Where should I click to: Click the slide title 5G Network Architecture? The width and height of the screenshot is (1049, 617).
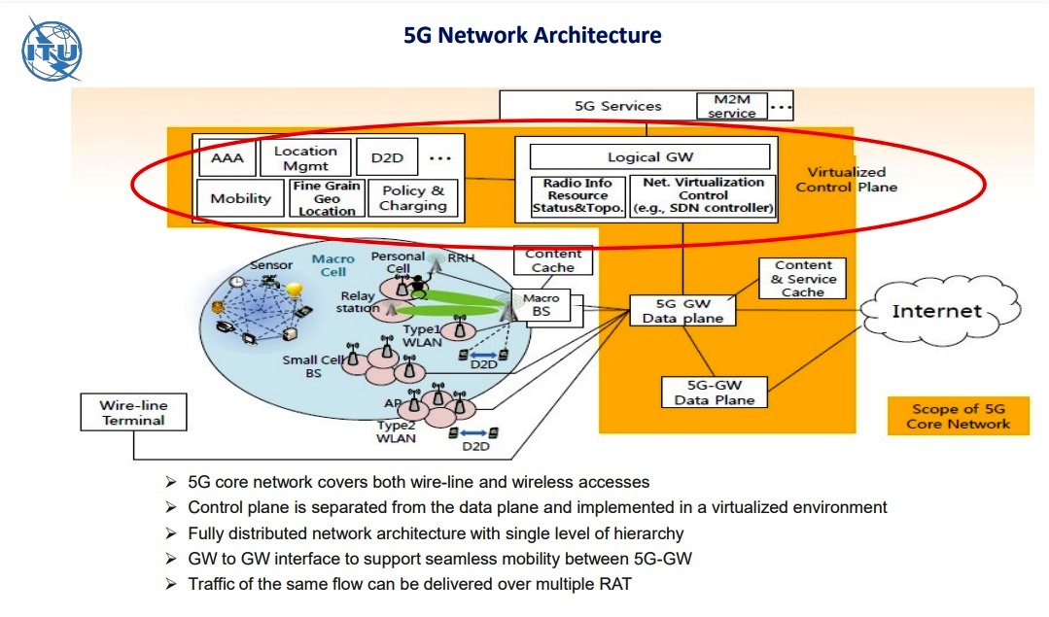(532, 36)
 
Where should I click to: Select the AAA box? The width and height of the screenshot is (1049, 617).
(227, 157)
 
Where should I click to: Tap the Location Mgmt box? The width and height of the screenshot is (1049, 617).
(304, 157)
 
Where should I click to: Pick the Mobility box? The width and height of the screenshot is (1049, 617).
(240, 198)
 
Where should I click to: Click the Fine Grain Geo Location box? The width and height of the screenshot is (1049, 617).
(327, 198)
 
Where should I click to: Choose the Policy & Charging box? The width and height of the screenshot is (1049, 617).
(413, 198)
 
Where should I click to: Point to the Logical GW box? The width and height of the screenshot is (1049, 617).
(650, 157)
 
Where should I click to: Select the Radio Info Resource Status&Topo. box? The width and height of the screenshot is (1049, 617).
(571, 195)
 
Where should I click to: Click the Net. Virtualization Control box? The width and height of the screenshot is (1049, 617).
(703, 195)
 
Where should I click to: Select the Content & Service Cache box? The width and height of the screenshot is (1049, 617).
(803, 278)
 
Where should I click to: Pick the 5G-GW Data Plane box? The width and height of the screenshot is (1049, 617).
(715, 393)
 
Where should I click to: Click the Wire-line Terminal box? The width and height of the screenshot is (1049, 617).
(132, 413)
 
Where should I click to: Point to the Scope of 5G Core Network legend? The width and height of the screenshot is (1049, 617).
(958, 416)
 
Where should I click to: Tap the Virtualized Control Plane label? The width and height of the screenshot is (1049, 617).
(845, 179)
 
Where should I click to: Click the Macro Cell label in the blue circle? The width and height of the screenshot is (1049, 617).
(333, 265)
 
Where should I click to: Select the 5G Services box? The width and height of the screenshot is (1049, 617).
(617, 106)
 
